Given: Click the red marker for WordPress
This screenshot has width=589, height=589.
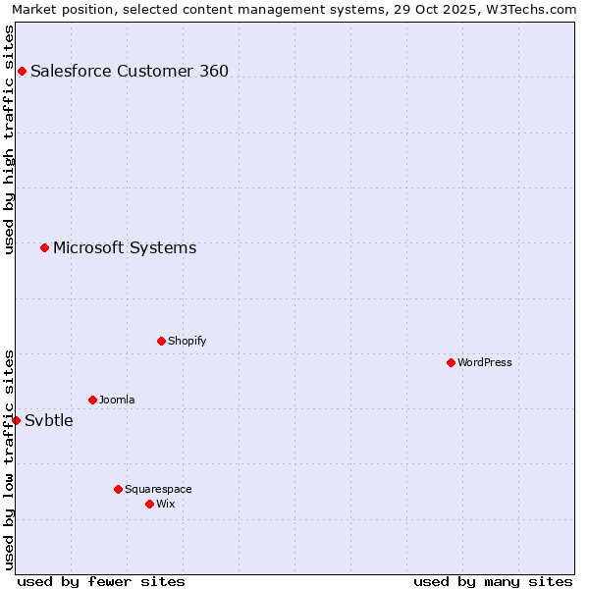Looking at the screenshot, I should [451, 362].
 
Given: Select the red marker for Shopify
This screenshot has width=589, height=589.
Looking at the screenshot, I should [161, 341].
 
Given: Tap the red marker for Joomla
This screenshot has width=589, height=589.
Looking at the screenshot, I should [92, 400].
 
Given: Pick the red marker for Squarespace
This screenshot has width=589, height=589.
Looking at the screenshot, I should [118, 489].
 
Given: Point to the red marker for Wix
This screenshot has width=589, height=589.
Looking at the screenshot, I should [149, 504].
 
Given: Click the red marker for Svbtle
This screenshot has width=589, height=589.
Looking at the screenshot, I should [16, 420].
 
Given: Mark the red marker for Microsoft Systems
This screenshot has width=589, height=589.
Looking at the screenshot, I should [44, 247].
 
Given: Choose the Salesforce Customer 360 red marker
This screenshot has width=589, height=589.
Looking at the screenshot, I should [22, 71].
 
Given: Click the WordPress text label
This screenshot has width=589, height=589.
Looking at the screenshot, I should [485, 362].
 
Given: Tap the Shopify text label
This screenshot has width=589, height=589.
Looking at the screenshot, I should [187, 341].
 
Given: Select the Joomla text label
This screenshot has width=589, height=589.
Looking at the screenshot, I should [117, 400].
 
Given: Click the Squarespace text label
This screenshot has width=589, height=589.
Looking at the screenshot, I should [158, 489].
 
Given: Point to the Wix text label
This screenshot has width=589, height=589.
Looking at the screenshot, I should [165, 504].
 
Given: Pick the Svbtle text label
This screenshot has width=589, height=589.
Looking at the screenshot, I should [49, 420].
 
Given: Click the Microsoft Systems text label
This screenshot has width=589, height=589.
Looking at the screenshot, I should [125, 247].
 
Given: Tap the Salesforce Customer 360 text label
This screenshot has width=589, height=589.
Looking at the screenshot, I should [130, 71].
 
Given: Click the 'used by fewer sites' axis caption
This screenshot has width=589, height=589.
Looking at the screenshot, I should [101, 581].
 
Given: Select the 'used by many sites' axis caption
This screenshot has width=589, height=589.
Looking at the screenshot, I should [493, 581].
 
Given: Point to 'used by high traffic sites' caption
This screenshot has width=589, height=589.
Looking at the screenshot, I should [9, 139].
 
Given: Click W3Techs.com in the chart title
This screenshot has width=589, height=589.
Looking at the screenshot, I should [526, 10].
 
